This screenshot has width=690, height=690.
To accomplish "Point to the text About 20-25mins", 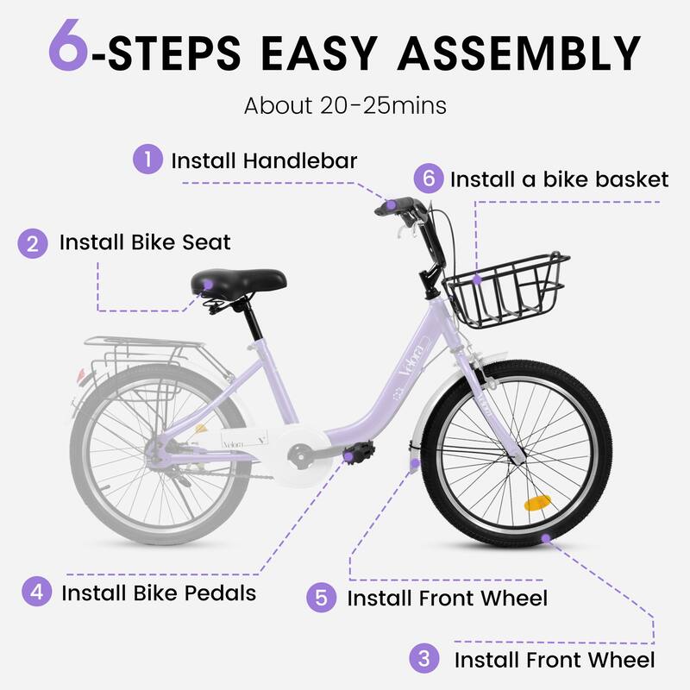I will (x=345, y=106).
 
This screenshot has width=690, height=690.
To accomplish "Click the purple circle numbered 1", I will (x=147, y=160).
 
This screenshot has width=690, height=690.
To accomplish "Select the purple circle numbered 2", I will (x=33, y=242).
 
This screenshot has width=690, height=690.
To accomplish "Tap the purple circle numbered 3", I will (x=423, y=660).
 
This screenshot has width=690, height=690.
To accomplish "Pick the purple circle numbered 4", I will (x=35, y=593).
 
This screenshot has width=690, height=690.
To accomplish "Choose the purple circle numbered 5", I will (x=321, y=598).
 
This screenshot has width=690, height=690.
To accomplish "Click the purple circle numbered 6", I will (x=427, y=179).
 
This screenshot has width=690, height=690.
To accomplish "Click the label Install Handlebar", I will (x=264, y=160).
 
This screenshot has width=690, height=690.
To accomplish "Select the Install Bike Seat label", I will (x=145, y=242).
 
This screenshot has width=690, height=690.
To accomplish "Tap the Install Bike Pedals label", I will (x=159, y=593).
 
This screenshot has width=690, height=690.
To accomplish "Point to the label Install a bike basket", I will (x=559, y=179).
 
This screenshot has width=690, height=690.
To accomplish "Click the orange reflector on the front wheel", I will (x=536, y=503).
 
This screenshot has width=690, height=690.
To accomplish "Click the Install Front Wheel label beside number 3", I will (x=554, y=661).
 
